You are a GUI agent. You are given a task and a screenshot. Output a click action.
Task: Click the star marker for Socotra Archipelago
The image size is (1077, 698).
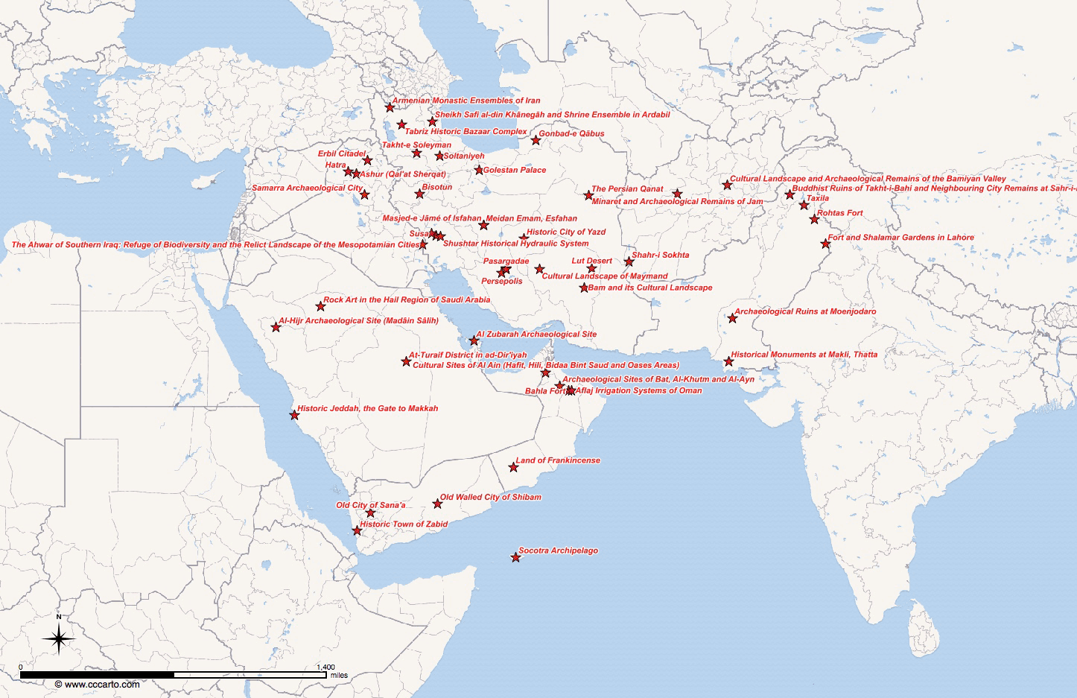click(515, 557)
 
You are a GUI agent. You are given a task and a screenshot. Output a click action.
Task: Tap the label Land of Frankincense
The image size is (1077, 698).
click(558, 460)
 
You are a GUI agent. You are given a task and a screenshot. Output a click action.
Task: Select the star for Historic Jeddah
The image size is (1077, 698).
click(294, 415)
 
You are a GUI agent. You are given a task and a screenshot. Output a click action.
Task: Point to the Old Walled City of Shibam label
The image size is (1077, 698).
click(490, 497)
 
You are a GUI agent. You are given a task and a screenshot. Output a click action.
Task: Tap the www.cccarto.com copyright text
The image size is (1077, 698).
click(97, 684)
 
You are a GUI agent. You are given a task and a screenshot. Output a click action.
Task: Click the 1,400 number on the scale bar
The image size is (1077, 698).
click(325, 667)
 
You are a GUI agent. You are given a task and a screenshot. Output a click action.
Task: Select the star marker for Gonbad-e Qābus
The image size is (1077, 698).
click(536, 140)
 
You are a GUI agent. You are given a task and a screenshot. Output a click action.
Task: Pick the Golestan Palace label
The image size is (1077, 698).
click(515, 170)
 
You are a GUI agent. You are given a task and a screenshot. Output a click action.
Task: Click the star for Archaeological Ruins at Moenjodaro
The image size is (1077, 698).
click(732, 318)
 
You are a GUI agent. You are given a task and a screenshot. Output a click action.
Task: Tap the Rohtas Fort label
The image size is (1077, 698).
click(839, 213)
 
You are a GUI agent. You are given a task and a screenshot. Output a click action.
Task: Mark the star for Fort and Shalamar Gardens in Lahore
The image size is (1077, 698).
click(825, 244)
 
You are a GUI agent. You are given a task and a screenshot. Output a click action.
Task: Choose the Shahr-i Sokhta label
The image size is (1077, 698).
click(660, 255)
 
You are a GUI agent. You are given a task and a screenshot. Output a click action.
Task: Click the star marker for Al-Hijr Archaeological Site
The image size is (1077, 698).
click(276, 326)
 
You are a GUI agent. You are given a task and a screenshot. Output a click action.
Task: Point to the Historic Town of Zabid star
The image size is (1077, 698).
click(357, 530)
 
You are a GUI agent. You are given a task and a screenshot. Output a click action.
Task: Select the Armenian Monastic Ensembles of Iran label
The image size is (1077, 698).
click(466, 101)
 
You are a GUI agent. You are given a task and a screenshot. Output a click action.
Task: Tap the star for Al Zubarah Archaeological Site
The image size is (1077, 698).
click(474, 340)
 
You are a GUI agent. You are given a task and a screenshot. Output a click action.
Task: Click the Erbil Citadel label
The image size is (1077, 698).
click(342, 153)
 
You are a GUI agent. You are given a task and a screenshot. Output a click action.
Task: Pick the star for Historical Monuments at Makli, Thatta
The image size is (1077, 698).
click(728, 361)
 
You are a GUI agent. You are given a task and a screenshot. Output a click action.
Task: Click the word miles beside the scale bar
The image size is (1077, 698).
click(339, 675)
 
